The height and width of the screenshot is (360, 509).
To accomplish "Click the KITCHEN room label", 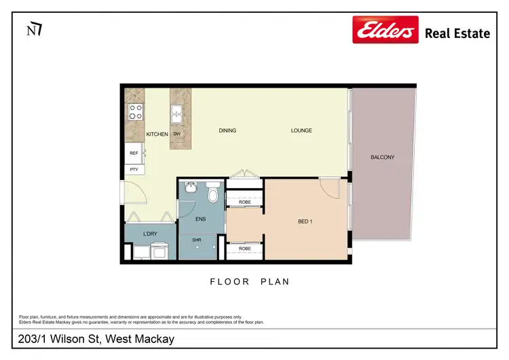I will tap(157, 134).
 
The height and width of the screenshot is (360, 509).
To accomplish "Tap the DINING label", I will tap(227, 130).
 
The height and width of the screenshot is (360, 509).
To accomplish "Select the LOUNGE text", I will tap(301, 130).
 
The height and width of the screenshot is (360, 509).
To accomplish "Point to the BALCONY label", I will tap(382, 158).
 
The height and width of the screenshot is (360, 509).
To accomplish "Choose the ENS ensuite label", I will tap(201, 219).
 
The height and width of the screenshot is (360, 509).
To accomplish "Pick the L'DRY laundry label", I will tap(150, 234).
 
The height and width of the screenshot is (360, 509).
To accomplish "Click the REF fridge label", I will tap(134, 154).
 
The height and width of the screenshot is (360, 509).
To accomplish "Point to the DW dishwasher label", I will tap(177, 134).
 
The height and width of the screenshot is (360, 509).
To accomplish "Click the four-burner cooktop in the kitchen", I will tap(135, 111).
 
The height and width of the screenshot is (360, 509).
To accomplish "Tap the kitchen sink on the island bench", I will tap(178, 113).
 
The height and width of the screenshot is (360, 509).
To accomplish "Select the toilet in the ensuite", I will tap(212, 194).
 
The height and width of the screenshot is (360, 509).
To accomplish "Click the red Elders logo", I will tap(385, 30).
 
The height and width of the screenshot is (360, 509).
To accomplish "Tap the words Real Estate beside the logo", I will tap(457, 33).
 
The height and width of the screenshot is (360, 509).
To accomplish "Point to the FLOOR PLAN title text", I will tap(249, 281).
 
